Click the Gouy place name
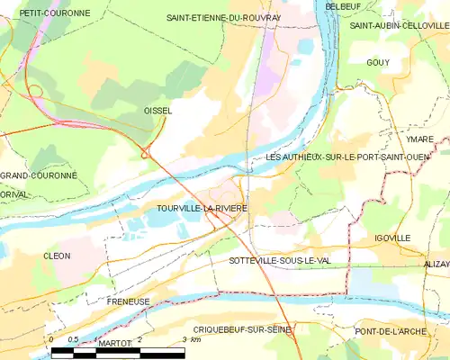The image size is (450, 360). [x=378, y=62]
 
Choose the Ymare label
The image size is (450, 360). [x=419, y=139]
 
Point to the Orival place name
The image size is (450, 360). [x=15, y=192]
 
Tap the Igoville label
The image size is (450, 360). [x=393, y=238]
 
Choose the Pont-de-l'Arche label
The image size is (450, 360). [x=403, y=331]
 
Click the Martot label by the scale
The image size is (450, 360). [x=115, y=344]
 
